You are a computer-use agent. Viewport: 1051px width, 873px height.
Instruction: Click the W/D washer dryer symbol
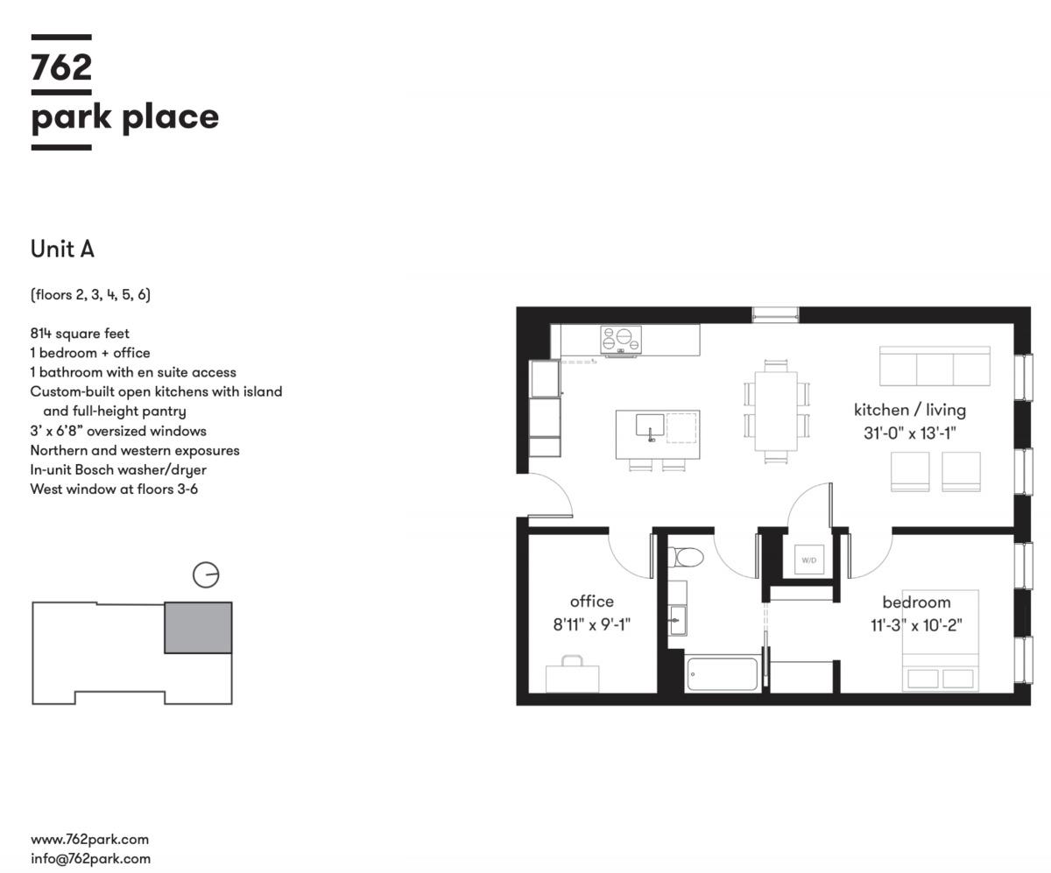[x=809, y=560]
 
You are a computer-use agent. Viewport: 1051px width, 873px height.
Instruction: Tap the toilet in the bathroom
[x=685, y=557]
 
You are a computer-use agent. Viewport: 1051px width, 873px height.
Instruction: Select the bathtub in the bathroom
[x=723, y=673]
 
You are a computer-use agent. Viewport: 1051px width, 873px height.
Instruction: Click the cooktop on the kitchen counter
[x=621, y=340]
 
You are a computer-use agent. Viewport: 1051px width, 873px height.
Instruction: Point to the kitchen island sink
[x=650, y=426]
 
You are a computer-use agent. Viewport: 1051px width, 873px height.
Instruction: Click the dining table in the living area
[x=776, y=411]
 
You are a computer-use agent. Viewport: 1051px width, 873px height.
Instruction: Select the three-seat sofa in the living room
[x=935, y=366]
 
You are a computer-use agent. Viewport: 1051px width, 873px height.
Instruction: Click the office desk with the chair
[x=572, y=673]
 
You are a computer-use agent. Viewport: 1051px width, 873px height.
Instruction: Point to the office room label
[x=592, y=602]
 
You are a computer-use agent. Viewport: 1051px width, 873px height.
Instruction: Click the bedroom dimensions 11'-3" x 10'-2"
[x=916, y=625]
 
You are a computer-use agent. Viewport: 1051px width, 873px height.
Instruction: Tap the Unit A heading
[x=62, y=249]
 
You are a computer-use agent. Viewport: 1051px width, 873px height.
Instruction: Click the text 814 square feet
[x=80, y=333]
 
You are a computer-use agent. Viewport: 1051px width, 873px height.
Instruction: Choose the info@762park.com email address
[x=90, y=858]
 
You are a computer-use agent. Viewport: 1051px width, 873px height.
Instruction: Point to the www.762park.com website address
[x=89, y=839]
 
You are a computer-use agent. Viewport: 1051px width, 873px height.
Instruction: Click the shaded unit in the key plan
[x=198, y=628]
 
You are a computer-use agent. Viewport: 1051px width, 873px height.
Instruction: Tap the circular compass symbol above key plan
[x=206, y=574]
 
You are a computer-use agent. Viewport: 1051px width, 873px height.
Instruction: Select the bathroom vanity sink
[x=678, y=621]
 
